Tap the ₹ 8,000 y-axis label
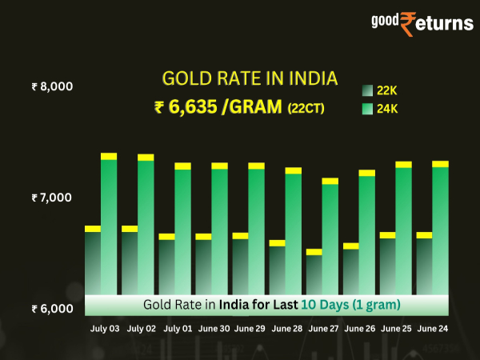click(x=53, y=86)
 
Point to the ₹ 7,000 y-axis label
click(x=53, y=198)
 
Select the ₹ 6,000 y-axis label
click(x=53, y=309)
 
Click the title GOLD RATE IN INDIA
click(x=250, y=78)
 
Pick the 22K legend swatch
click(x=367, y=91)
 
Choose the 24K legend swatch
click(x=367, y=107)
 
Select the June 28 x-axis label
click(x=286, y=328)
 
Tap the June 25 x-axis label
click(x=397, y=328)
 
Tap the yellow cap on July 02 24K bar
click(x=146, y=158)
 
